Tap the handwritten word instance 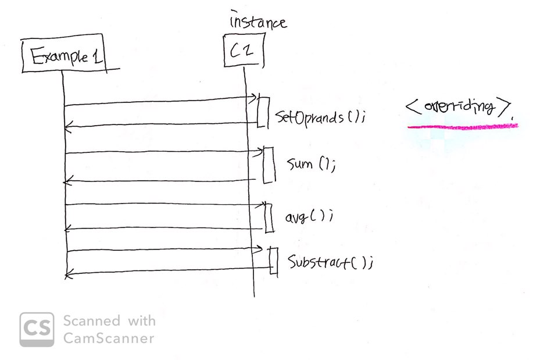click(258, 22)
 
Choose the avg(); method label click(308, 217)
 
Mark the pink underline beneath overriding click(462, 126)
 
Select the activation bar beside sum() click(268, 165)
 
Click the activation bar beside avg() click(269, 218)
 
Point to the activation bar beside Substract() click(273, 261)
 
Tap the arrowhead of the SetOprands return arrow click(67, 125)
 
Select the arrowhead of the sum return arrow click(67, 181)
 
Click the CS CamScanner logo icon click(37, 329)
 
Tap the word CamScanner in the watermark click(109, 338)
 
